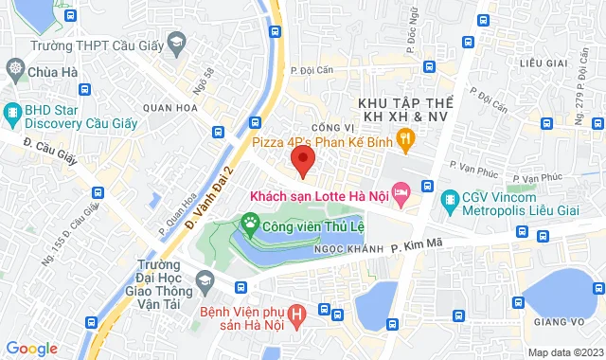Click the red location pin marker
coord(303,158)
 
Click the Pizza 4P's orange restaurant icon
coord(405,142)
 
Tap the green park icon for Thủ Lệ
coord(250,225)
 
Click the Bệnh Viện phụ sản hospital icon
coord(298,314)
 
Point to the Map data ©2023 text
coord(564,352)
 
